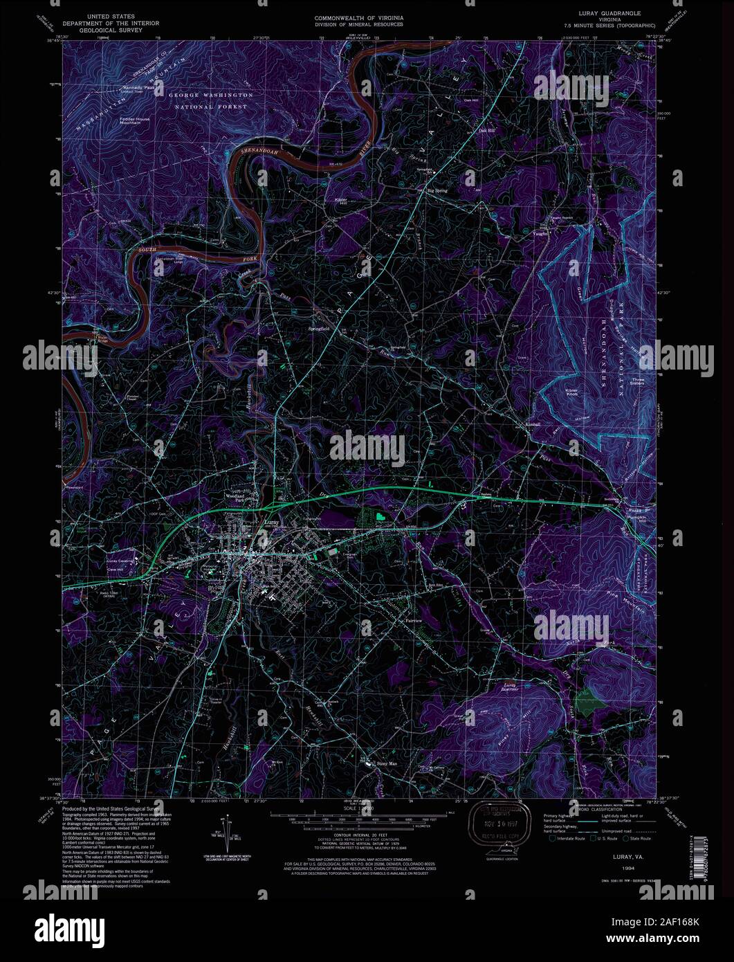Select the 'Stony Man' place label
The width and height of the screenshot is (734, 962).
point(385,765)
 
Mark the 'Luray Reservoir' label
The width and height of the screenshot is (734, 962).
point(509,687)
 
